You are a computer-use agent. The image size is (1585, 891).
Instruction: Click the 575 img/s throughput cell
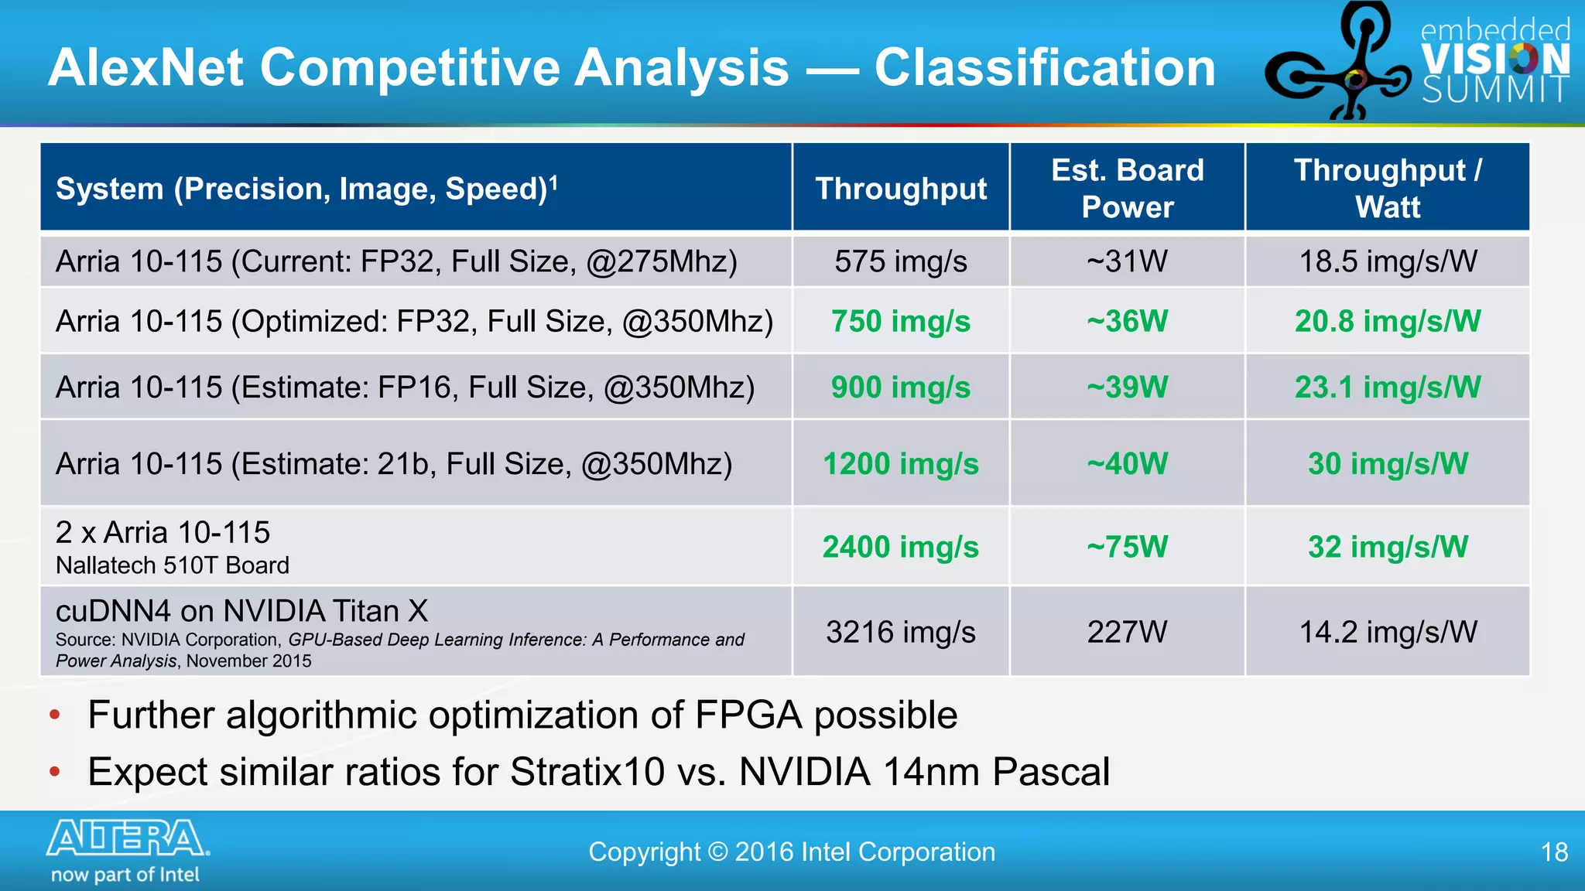900,261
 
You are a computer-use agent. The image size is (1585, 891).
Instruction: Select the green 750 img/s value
900,322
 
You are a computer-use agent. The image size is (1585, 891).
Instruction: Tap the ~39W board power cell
1127,387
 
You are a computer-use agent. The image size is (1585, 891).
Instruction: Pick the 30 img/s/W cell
1387,464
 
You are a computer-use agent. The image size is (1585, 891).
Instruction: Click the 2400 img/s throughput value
900,547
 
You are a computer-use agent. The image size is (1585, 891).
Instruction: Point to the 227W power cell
1127,632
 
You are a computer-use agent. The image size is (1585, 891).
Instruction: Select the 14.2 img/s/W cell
1387,632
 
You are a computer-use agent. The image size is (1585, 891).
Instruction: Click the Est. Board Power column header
1127,188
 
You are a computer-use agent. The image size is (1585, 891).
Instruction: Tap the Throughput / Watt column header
1387,188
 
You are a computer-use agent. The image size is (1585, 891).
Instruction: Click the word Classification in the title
1045,68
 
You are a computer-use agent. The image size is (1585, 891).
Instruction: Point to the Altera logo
128,838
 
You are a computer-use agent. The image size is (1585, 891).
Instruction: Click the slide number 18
1554,852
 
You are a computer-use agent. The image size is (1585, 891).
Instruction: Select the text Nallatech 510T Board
172,565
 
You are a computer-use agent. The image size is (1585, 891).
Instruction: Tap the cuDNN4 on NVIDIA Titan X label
241,611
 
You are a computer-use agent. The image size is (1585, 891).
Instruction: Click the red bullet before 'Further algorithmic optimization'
54,715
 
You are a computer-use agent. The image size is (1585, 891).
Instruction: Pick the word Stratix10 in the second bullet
587,772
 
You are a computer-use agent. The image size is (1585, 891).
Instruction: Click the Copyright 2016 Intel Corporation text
791,852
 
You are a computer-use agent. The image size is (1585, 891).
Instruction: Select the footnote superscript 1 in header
553,181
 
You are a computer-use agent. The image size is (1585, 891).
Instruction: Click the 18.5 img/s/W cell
1387,261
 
